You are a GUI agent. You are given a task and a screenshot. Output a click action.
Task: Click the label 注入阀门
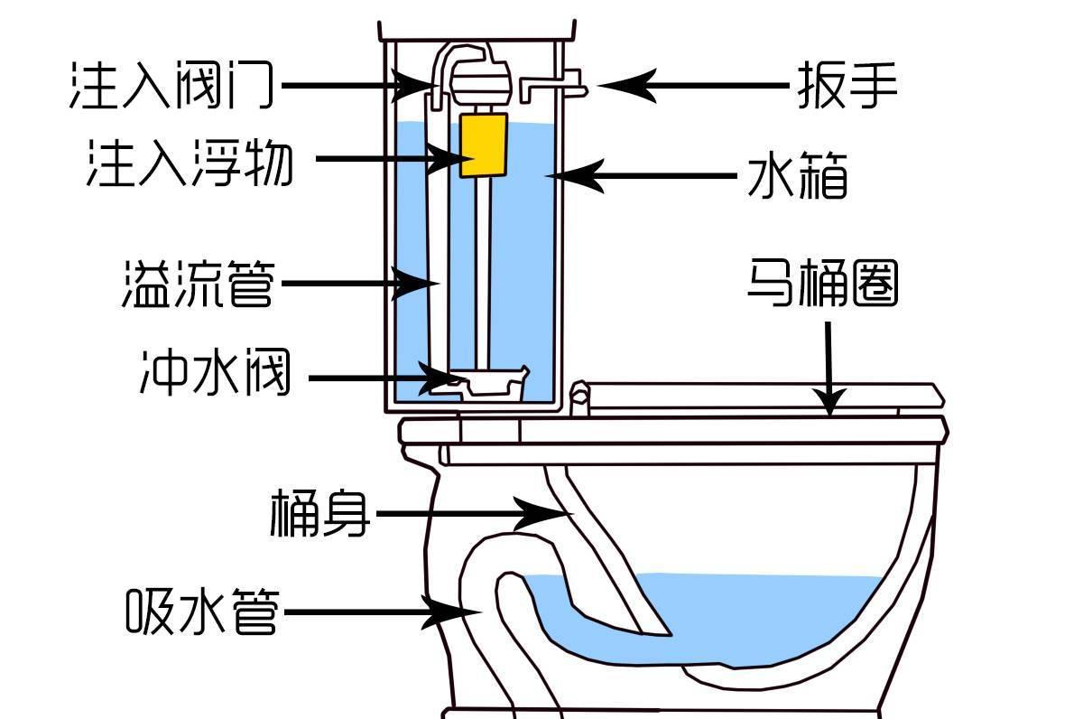171,86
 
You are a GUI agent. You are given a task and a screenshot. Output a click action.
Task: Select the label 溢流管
198,283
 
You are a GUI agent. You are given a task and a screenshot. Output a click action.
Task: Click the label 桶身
319,515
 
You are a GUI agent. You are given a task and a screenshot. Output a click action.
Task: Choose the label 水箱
798,176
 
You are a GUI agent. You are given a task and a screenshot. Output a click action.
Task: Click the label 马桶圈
822,283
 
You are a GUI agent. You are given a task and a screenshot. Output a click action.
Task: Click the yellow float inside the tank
479,145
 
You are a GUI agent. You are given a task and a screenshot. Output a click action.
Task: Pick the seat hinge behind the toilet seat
580,397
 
